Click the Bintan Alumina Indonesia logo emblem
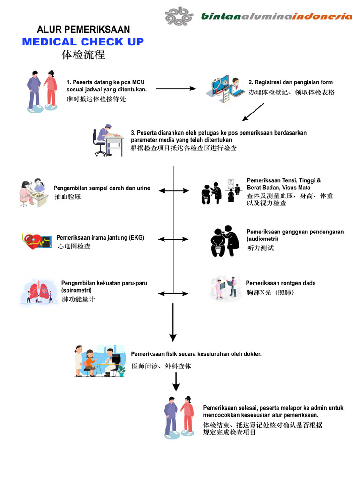point(179,16)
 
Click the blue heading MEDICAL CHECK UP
point(83,42)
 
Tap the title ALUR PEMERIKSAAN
point(83,30)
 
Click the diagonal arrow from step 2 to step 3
point(254,112)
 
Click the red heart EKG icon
point(36,242)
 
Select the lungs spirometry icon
point(39,292)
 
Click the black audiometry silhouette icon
point(225,241)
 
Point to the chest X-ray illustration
point(225,288)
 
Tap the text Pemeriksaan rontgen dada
point(280,283)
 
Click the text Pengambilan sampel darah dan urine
point(102,188)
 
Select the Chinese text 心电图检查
point(74,246)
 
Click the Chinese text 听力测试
point(260,248)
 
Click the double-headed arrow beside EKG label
point(173,239)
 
